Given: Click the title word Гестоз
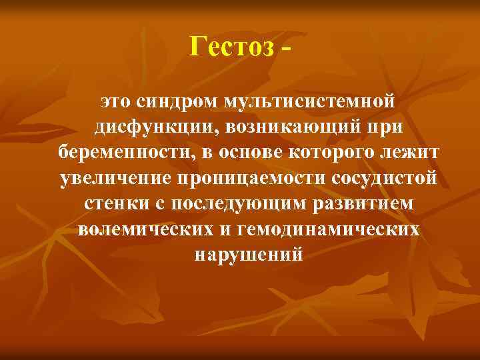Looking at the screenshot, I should pyautogui.click(x=231, y=47).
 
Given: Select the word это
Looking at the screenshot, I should pyautogui.click(x=117, y=102).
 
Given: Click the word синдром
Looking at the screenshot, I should pyautogui.click(x=178, y=102).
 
